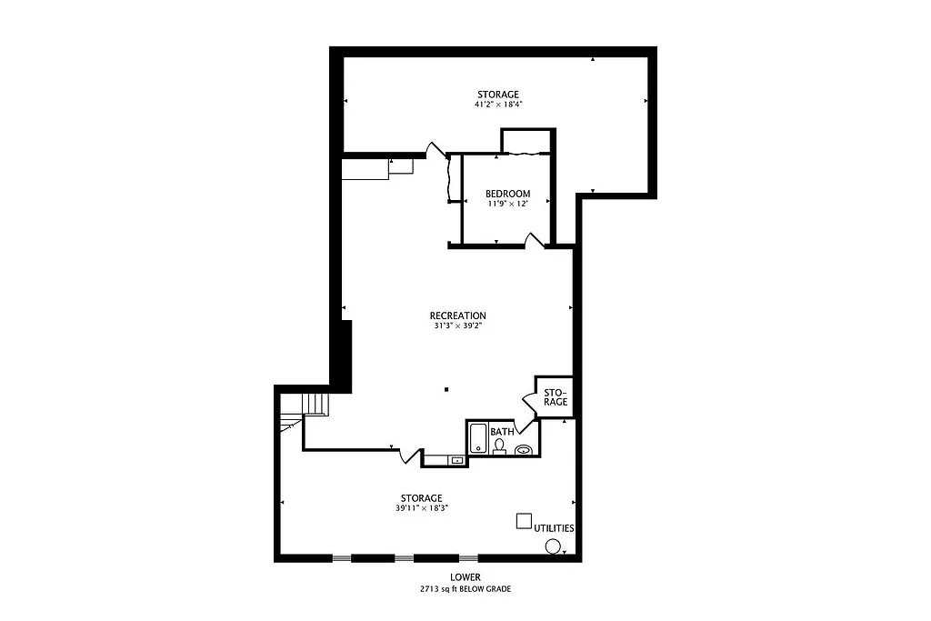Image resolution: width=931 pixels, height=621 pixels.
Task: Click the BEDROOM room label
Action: [507, 194]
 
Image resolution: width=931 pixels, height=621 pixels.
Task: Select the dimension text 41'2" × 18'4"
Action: [498, 105]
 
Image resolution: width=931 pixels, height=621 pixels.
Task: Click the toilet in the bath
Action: [498, 446]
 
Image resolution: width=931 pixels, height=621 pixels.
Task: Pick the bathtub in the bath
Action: [477, 440]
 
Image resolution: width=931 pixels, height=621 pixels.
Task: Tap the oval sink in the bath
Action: [524, 449]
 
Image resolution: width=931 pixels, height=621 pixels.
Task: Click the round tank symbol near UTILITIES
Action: [552, 546]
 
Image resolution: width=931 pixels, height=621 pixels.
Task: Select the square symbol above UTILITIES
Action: [524, 521]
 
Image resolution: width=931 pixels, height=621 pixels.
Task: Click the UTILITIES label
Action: [554, 528]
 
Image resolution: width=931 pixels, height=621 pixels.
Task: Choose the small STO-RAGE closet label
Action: [556, 397]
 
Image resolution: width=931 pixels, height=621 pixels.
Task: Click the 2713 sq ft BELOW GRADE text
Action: [465, 589]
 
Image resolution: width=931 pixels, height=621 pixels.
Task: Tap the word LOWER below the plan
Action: [465, 577]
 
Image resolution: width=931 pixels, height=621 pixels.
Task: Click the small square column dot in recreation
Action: [446, 390]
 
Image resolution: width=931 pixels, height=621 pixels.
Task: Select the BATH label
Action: [501, 431]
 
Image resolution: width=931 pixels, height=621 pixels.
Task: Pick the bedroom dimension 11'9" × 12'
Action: [507, 204]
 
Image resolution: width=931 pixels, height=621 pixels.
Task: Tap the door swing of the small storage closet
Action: [527, 399]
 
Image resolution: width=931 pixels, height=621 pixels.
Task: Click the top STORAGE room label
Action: [498, 95]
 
